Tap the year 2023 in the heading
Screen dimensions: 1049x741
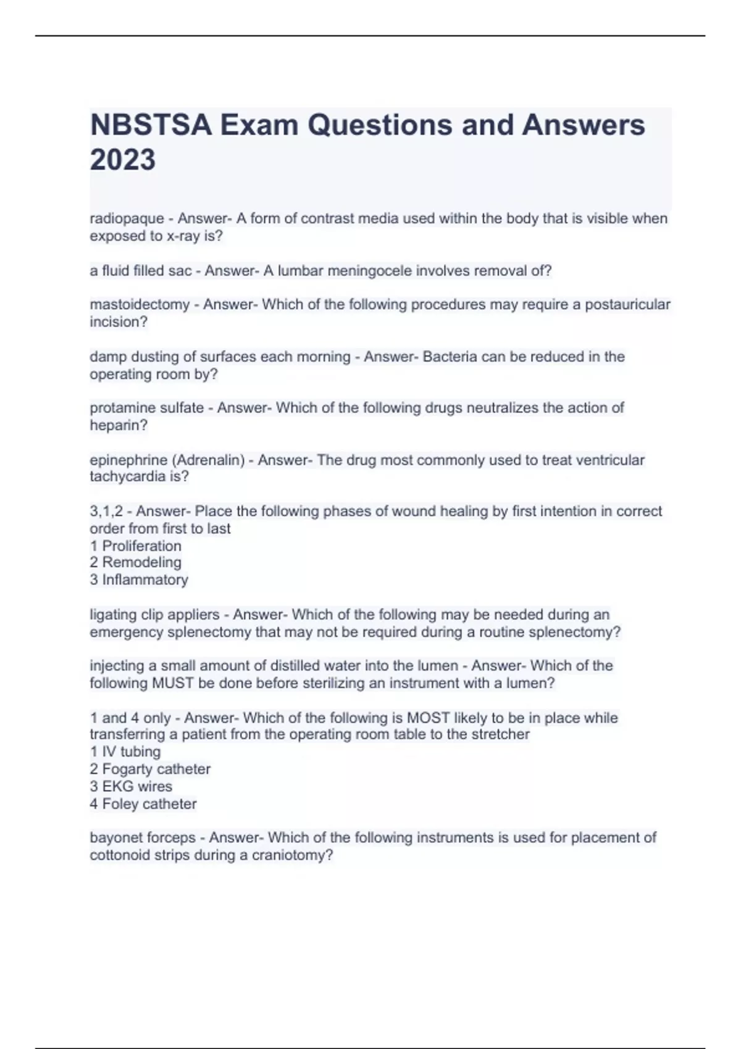pyautogui.click(x=122, y=160)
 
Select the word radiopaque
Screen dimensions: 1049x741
pyautogui.click(x=127, y=219)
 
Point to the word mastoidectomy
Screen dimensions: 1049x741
pyautogui.click(x=140, y=305)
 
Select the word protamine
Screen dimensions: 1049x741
pyautogui.click(x=116, y=408)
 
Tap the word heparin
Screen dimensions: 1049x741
pyautogui.click(x=116, y=426)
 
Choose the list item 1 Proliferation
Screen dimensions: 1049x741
pyautogui.click(x=136, y=546)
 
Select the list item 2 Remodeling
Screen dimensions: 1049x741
pyautogui.click(x=136, y=563)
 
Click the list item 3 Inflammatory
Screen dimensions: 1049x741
pyautogui.click(x=139, y=580)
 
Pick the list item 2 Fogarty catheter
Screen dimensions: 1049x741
pyautogui.click(x=150, y=769)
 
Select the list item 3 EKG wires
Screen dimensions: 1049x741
pyautogui.click(x=131, y=787)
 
